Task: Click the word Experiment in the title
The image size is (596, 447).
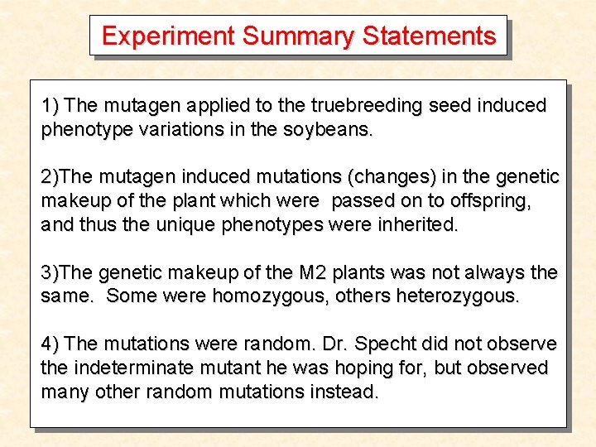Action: tap(168, 36)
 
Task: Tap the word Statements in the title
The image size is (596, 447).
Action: tap(429, 36)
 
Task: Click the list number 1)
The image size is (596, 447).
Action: tap(50, 106)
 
